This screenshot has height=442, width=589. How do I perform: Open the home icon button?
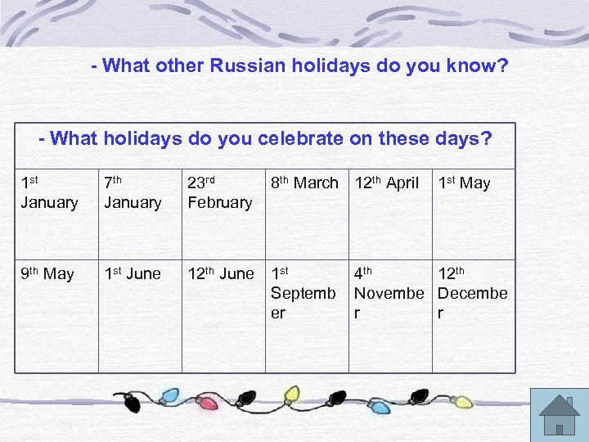tap(560, 414)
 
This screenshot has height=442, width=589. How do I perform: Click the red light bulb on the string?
tap(209, 402)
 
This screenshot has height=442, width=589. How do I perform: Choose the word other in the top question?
tap(177, 65)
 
